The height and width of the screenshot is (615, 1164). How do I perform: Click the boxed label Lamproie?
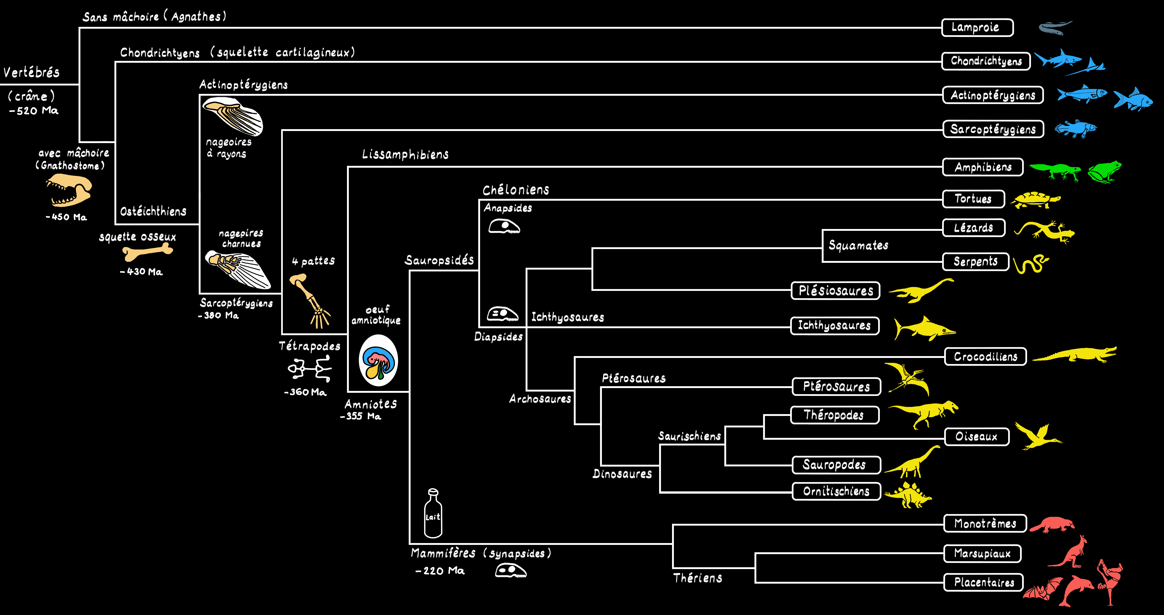point(977,27)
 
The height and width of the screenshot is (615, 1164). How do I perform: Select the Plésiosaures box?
point(835,290)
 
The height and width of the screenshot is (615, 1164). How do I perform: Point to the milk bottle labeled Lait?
point(433,513)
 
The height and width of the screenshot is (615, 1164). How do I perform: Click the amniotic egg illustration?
point(378,360)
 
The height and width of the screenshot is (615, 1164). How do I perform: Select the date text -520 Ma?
point(34,111)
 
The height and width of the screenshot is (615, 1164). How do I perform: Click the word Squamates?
point(858,245)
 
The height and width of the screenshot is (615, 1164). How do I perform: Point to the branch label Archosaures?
point(540,399)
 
